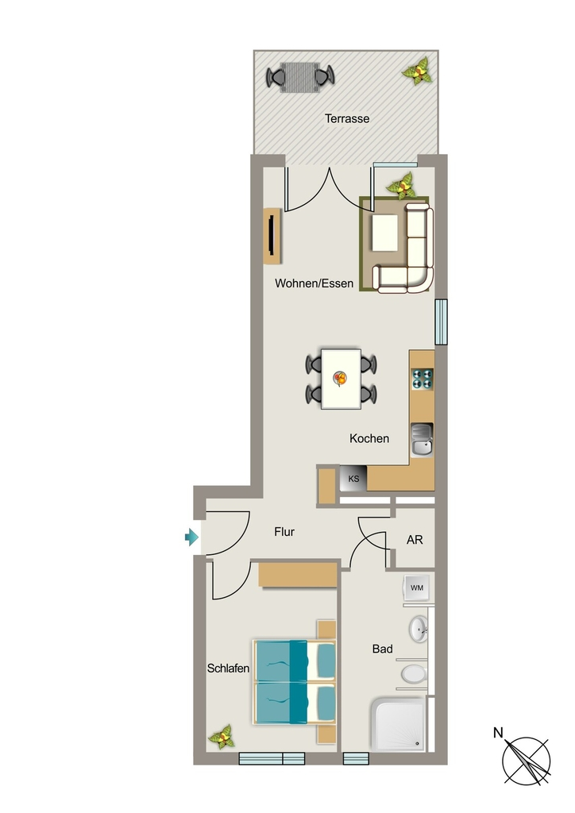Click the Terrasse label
(347, 119)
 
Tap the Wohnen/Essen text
(315, 283)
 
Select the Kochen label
(369, 438)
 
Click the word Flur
(284, 532)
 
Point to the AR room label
(415, 540)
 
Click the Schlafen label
(228, 669)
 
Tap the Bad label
(383, 649)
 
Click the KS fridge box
(353, 479)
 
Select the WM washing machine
(416, 588)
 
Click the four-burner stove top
(422, 379)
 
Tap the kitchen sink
(422, 440)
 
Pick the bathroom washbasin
(418, 629)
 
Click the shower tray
(398, 724)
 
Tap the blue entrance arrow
(192, 537)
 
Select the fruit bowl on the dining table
(340, 379)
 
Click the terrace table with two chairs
(300, 77)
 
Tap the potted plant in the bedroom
(222, 736)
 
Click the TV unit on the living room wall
(272, 236)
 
